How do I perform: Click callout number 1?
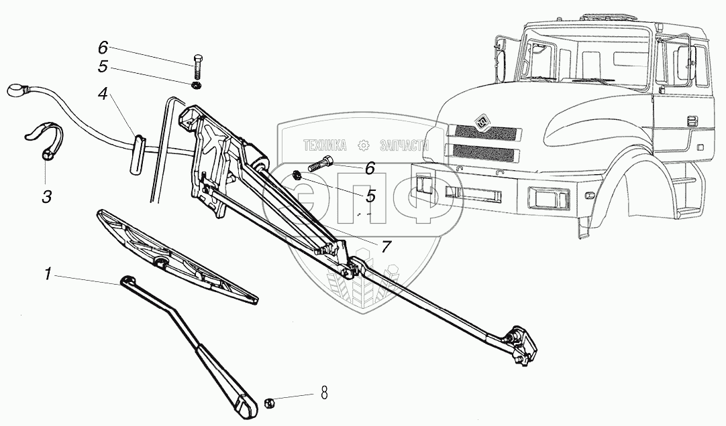(x=48, y=275)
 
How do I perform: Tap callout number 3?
(x=46, y=196)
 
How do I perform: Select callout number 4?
(x=103, y=94)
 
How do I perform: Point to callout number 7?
(x=386, y=246)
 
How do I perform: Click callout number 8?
(x=324, y=394)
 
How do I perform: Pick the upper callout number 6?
(x=103, y=48)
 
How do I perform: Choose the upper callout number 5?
(x=103, y=66)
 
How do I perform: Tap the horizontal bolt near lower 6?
(x=320, y=165)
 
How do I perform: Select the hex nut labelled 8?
(x=268, y=403)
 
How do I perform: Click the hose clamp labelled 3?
(x=44, y=140)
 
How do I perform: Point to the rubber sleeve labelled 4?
(x=137, y=154)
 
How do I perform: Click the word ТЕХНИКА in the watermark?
(x=325, y=146)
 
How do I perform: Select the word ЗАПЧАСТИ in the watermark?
(x=404, y=146)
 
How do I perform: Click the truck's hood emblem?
(x=481, y=122)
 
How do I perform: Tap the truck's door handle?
(x=692, y=121)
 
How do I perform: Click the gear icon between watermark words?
(x=364, y=146)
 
